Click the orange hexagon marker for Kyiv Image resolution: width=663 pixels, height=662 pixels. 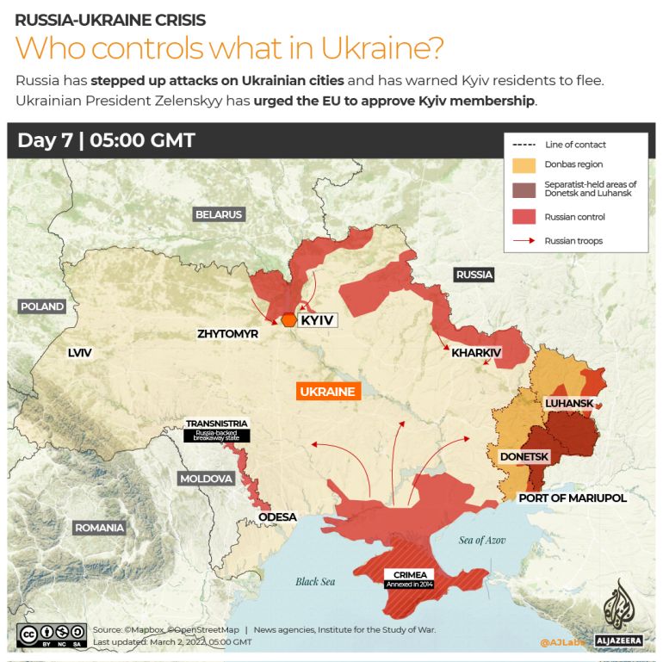point(288,319)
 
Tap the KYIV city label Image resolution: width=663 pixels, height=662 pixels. point(316,320)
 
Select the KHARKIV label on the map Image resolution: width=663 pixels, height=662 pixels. point(476,352)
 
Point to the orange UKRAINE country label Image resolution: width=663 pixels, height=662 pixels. point(327,392)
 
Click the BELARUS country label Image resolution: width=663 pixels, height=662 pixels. point(219,214)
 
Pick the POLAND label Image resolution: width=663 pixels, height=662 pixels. point(42,306)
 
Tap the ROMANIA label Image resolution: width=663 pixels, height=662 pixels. point(99,528)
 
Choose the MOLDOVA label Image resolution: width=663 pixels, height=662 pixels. point(206,479)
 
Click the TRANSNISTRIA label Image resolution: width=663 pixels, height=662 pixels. point(217,424)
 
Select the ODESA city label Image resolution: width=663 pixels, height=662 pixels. point(277,517)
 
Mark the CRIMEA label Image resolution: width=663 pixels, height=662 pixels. point(410,575)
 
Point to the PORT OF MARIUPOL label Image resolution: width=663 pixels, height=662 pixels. point(572,498)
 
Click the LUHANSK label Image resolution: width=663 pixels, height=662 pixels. point(569,403)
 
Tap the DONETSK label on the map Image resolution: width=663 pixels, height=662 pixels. point(524,456)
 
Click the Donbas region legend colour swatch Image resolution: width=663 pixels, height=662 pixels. point(524,164)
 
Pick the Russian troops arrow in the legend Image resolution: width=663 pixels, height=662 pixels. point(524,241)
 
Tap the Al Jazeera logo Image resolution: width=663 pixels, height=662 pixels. point(618,614)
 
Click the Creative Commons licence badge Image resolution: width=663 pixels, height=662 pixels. point(52,635)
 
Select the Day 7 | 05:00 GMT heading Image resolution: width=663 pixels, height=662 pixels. point(106,141)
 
